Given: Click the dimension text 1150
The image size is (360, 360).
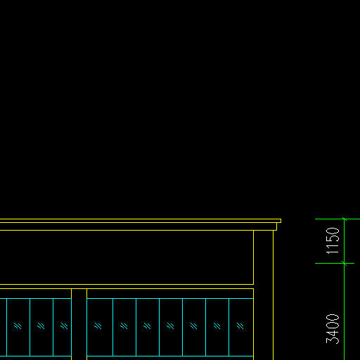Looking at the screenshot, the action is (x=333, y=240).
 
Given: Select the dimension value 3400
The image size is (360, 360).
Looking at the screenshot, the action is (x=333, y=329).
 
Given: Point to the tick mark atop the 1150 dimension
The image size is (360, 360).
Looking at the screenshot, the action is (x=344, y=219).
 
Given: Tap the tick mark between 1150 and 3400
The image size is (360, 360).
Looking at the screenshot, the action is (x=344, y=263).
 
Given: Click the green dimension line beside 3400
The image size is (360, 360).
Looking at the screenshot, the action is (x=344, y=311).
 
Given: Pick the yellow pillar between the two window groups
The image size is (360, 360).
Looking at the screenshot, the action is (x=79, y=324).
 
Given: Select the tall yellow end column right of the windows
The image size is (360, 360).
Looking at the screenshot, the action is (x=263, y=295).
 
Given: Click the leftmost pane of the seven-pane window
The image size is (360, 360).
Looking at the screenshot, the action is (x=100, y=327).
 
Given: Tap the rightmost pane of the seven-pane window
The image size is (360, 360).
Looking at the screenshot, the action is (x=241, y=327).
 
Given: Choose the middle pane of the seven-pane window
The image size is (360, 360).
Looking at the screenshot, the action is (x=171, y=327).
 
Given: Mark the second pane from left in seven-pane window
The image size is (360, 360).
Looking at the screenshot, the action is (x=124, y=327).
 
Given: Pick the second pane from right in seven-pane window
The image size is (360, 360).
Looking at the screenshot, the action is (x=217, y=327).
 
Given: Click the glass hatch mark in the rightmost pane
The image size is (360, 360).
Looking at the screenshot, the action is (x=240, y=326).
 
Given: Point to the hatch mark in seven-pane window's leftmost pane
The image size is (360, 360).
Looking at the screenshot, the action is (x=98, y=326).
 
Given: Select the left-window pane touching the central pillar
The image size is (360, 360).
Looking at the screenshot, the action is (x=63, y=327).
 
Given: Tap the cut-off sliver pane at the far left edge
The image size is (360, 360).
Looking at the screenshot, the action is (x=4, y=327).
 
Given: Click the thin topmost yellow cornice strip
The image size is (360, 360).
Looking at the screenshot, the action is (x=141, y=221).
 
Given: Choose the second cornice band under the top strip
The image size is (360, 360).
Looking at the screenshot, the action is (x=139, y=226).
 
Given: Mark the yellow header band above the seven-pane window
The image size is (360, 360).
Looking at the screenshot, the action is (x=170, y=293).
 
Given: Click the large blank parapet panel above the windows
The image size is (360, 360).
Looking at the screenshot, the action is (x=127, y=257).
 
